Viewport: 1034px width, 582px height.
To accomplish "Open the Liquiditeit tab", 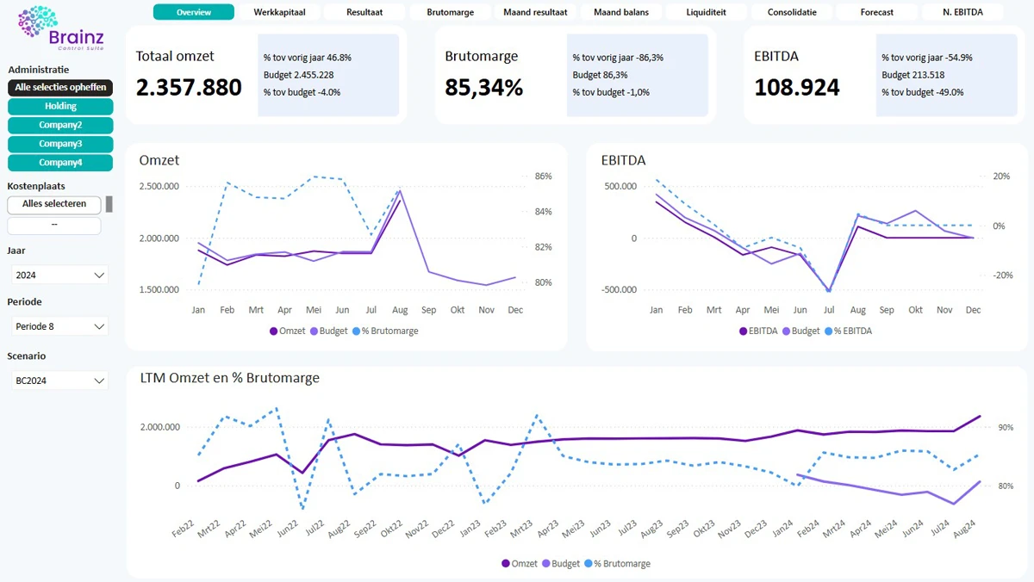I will coord(706,12).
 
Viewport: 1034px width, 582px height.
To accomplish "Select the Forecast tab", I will coord(876,12).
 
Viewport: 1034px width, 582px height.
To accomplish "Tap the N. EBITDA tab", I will coord(962,12).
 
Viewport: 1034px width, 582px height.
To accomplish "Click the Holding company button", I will coord(60,106).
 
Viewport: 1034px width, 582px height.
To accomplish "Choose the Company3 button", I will coord(60,144).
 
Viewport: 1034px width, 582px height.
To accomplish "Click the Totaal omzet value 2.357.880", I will coord(189,88).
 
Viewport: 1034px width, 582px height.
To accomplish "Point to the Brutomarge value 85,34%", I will coord(483,88).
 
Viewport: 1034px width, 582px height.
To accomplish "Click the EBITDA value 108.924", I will coord(796,88).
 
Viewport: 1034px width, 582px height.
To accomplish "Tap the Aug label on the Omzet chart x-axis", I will coord(400,310).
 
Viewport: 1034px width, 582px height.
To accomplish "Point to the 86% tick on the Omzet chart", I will coord(543,176).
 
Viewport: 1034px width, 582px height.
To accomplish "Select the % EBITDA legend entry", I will coord(849,331).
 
